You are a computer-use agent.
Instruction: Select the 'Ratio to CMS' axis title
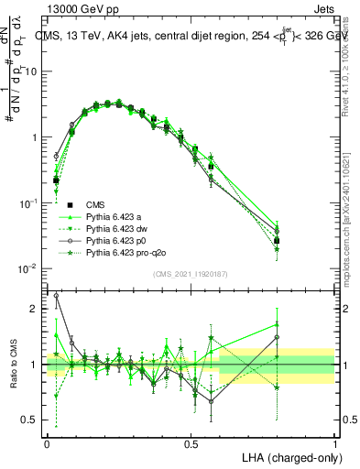[12, 364]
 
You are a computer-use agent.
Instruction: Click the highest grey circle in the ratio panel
[56, 295]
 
